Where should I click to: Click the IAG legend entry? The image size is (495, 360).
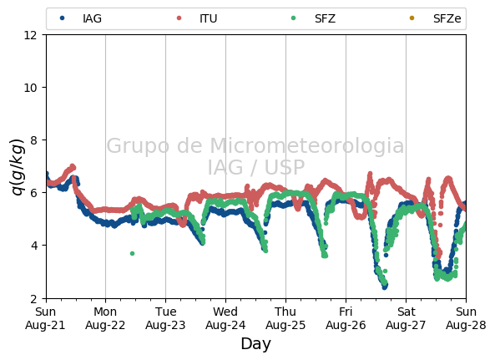point(81,18)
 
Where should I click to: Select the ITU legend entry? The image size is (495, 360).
point(197,18)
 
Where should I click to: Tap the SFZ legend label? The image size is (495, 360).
point(326,18)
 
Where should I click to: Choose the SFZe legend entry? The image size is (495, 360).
point(435,18)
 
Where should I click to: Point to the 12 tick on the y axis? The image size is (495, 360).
point(30,35)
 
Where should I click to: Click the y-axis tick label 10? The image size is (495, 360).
point(30,88)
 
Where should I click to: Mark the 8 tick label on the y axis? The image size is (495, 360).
point(33,139)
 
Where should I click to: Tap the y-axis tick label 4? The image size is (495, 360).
point(33,246)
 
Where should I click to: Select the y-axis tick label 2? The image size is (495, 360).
point(33,298)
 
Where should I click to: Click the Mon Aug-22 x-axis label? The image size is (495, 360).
point(105,318)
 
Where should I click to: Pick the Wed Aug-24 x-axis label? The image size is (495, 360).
point(225,318)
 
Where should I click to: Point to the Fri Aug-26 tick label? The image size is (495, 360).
point(346,318)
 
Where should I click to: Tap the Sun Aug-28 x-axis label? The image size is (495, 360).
point(466,318)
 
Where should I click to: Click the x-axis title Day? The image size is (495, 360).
point(255,344)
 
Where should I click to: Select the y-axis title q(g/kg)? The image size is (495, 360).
point(18,166)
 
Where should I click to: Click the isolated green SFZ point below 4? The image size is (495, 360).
point(132,254)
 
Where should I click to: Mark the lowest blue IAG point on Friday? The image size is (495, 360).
point(385,287)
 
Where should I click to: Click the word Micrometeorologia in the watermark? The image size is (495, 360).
point(306,145)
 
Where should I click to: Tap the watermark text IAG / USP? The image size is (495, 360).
point(256,167)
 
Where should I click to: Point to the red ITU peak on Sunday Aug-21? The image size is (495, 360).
point(73,166)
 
